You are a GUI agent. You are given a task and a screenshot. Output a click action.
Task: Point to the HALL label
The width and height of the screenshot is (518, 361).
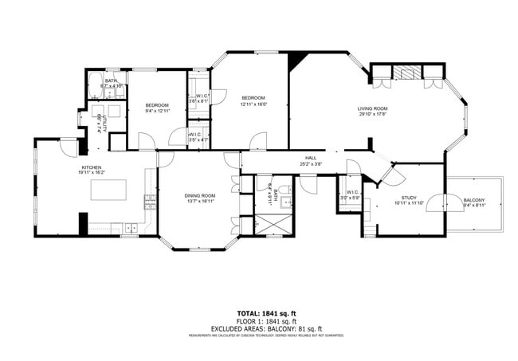point(310,158)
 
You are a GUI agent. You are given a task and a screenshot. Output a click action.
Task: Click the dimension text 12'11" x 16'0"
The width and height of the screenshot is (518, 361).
point(253,104)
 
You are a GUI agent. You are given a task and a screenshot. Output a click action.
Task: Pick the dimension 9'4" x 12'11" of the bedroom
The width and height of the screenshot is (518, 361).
point(157,111)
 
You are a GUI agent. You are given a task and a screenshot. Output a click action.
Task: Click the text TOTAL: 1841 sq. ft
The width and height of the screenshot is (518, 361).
point(265,314)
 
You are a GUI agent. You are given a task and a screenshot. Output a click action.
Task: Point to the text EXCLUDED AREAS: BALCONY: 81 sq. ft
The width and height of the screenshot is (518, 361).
point(266,328)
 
